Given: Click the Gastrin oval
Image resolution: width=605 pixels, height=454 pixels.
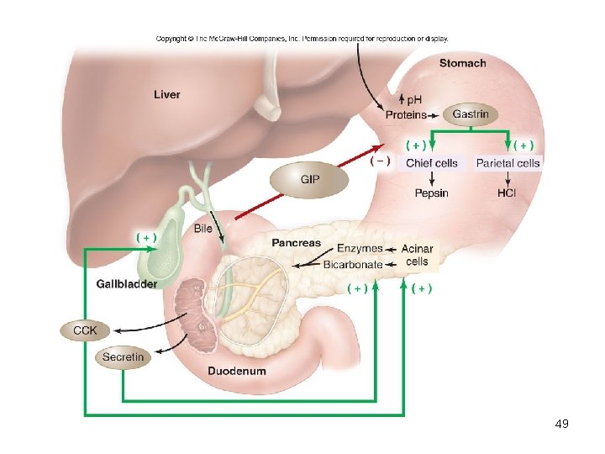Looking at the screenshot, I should [470, 114].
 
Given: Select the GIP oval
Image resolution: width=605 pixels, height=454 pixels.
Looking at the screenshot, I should [309, 179].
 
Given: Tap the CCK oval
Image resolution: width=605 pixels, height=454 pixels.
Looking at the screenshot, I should [85, 330].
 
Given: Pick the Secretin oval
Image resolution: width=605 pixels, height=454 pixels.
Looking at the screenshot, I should [123, 357].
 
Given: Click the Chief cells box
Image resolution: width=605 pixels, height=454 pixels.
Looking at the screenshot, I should [431, 163].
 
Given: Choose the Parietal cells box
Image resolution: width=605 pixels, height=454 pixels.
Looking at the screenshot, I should [508, 163].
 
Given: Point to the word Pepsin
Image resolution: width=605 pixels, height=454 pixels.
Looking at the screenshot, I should [431, 193].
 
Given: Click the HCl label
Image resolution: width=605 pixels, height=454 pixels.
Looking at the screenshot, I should [507, 193].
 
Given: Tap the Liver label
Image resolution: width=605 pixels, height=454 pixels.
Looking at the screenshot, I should [166, 94].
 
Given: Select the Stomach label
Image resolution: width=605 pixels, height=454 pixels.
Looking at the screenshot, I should [462, 63].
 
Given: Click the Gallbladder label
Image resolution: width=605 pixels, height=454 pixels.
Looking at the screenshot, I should [126, 284].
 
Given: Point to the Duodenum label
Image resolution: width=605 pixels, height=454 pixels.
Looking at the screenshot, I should [237, 371].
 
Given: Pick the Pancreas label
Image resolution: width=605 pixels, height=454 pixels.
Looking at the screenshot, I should [296, 243].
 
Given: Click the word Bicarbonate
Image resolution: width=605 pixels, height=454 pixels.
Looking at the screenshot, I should [353, 265].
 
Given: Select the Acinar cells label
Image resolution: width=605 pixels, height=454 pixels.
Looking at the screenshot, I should [417, 255].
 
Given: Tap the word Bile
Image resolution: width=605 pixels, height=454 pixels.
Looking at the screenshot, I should [203, 229].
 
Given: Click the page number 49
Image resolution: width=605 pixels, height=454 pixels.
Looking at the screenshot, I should [562, 424].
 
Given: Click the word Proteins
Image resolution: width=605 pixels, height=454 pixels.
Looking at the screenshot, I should [406, 114].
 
